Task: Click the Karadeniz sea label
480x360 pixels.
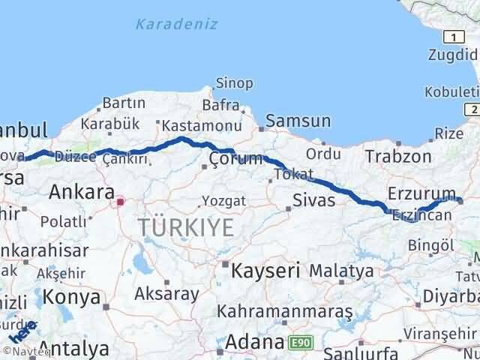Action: click(x=177, y=24)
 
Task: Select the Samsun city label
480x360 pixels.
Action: click(x=298, y=121)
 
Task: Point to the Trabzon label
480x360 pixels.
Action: click(x=398, y=157)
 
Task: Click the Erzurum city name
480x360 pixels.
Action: click(x=421, y=193)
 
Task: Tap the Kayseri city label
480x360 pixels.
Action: click(x=266, y=269)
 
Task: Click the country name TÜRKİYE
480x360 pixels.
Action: click(x=185, y=228)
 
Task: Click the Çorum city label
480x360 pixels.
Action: click(x=236, y=159)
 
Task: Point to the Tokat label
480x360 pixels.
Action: click(x=293, y=174)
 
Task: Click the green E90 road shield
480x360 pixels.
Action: click(x=298, y=343)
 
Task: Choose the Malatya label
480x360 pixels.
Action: click(x=340, y=270)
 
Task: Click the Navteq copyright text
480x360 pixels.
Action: click(x=21, y=352)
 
